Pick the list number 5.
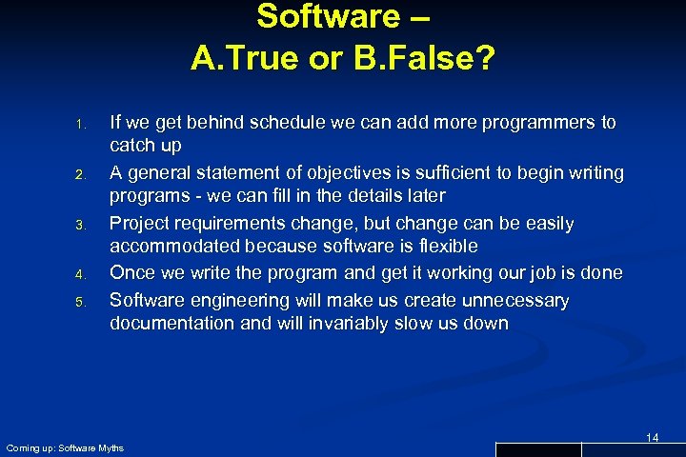(81, 303)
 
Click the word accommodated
(175, 246)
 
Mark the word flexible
(441, 246)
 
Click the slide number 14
(653, 437)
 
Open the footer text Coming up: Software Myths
(65, 447)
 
